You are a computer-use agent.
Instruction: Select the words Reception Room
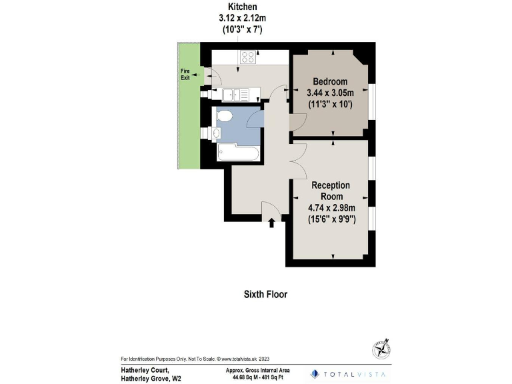pyautogui.click(x=331, y=191)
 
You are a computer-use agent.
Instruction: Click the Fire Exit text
pyautogui.click(x=185, y=74)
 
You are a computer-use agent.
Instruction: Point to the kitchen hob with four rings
pyautogui.click(x=249, y=57)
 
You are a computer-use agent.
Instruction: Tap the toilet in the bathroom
pyautogui.click(x=225, y=117)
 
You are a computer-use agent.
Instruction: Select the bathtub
pyautogui.click(x=238, y=153)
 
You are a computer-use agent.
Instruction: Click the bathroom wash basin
pyautogui.click(x=217, y=133)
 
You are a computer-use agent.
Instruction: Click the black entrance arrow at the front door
pyautogui.click(x=271, y=223)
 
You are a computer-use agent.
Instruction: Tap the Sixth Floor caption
pyautogui.click(x=265, y=294)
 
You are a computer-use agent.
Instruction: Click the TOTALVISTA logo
pyautogui.click(x=347, y=374)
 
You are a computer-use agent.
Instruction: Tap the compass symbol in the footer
pyautogui.click(x=381, y=349)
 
